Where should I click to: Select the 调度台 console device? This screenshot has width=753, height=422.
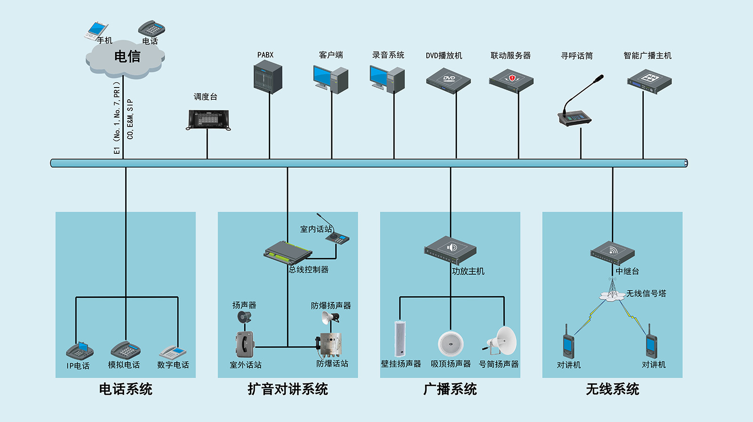[208, 120]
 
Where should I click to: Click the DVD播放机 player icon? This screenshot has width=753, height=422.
[449, 80]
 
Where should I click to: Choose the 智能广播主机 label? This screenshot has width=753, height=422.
[647, 56]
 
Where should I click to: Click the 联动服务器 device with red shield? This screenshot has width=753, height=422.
[511, 80]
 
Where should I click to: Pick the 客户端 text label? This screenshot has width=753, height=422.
[331, 55]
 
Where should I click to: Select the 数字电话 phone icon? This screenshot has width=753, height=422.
[173, 352]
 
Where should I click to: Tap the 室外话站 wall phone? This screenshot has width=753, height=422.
[245, 344]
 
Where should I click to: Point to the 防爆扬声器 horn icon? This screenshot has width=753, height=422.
[330, 318]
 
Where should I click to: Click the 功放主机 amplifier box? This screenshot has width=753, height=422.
[450, 250]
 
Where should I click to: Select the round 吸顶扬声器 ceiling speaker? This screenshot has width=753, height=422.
[450, 343]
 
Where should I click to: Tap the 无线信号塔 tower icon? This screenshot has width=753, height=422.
[612, 289]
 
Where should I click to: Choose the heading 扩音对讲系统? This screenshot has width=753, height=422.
[288, 389]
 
